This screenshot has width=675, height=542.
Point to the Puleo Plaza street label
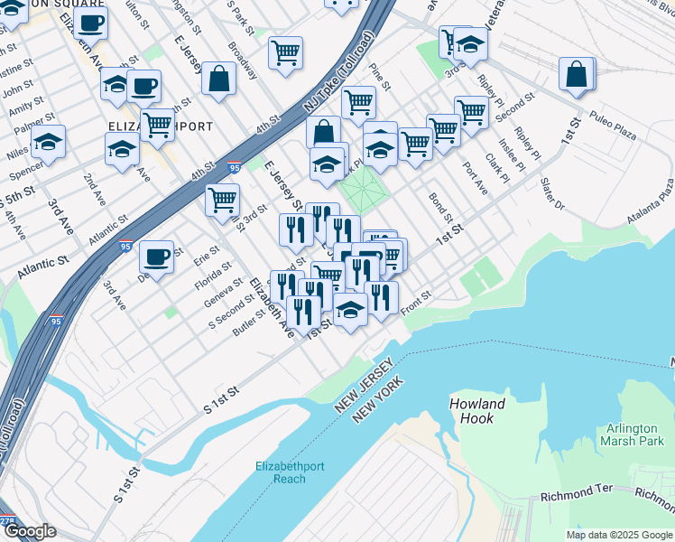(x=614, y=126)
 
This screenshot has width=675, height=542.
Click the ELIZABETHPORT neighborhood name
(x=159, y=126)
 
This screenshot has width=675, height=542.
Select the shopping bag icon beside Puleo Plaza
(x=577, y=74)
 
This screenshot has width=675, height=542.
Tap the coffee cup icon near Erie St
(x=158, y=257)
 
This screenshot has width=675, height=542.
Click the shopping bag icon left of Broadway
(x=219, y=79)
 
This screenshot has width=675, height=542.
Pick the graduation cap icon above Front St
(x=350, y=310)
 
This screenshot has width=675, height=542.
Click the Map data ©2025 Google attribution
(x=619, y=535)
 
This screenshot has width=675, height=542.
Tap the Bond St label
(x=440, y=207)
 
